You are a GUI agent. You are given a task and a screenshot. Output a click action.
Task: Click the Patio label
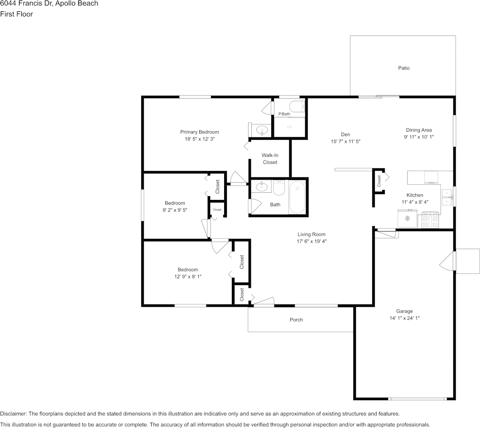(403, 68)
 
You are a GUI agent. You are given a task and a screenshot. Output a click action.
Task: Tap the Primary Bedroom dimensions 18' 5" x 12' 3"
(200, 139)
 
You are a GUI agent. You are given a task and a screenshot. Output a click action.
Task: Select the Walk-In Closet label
(270, 159)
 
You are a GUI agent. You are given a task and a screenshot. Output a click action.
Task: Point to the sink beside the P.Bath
(262, 131)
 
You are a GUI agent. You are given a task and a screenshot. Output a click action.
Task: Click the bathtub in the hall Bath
(297, 197)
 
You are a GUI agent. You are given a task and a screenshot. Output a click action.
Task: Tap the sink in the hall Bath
(262, 186)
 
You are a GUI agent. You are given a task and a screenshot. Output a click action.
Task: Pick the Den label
(346, 134)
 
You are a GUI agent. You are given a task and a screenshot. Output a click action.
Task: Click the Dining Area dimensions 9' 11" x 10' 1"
(419, 137)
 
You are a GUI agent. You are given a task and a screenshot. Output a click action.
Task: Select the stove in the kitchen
(430, 220)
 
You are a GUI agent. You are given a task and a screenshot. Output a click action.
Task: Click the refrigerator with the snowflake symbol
(407, 219)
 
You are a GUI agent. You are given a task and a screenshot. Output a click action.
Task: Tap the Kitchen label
(415, 195)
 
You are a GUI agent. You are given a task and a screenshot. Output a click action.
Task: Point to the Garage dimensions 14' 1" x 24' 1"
(404, 318)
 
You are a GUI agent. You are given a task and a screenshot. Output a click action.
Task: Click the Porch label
(296, 320)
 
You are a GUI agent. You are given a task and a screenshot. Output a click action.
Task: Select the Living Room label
(312, 234)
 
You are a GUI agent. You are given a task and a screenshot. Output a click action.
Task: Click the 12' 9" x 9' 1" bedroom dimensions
(188, 276)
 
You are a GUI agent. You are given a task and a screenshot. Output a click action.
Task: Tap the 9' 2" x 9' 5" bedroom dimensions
(175, 210)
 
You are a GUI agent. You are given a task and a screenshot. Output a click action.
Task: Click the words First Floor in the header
(17, 14)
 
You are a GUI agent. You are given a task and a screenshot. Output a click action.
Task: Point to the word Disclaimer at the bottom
(14, 414)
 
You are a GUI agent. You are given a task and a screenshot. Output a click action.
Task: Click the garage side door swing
(447, 261)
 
